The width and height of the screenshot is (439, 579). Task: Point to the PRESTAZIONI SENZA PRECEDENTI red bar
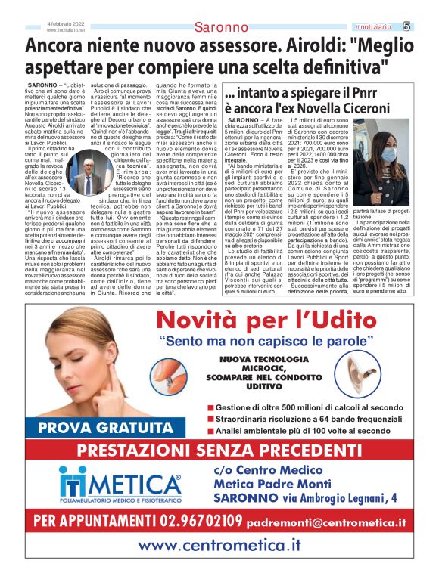[x=219, y=451]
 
